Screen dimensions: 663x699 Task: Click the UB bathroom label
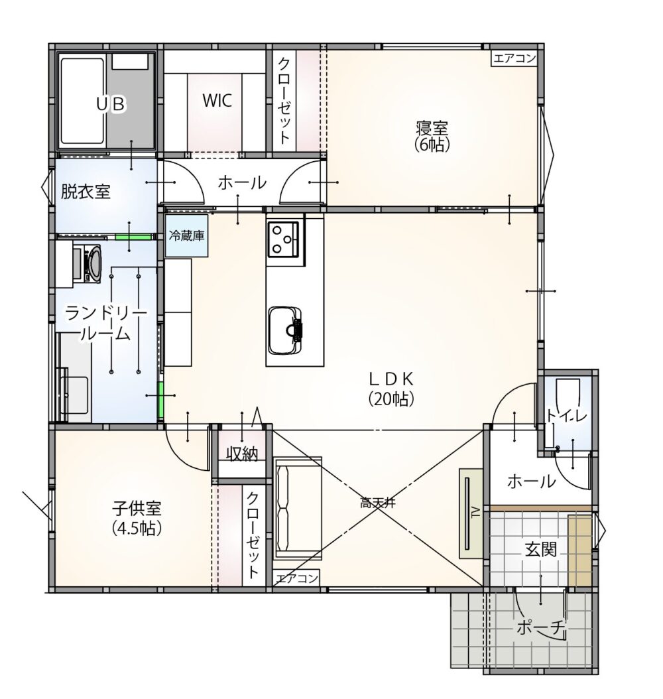[111, 104]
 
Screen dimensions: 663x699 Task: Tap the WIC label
[217, 101]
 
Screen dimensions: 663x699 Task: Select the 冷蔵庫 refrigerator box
[187, 236]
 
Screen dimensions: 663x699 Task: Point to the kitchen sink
[285, 330]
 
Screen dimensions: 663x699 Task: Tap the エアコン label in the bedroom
[514, 58]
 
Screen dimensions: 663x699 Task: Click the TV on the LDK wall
[471, 513]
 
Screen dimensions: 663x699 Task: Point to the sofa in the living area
[297, 508]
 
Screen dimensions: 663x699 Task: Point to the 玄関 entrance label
[540, 549]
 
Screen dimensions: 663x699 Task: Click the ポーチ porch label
[541, 628]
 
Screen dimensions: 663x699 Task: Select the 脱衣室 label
[85, 192]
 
